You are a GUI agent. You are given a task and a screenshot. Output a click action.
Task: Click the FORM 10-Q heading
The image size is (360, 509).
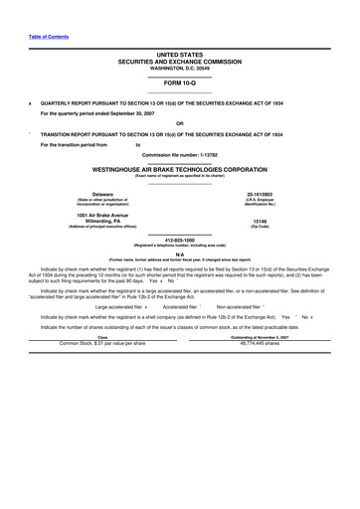179,83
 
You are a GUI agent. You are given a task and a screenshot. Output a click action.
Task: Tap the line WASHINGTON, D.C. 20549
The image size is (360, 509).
179,66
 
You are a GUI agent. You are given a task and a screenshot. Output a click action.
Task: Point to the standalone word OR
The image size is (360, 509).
179,124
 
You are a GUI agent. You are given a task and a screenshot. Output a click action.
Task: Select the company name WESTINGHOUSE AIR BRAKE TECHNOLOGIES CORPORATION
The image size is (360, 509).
179,170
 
